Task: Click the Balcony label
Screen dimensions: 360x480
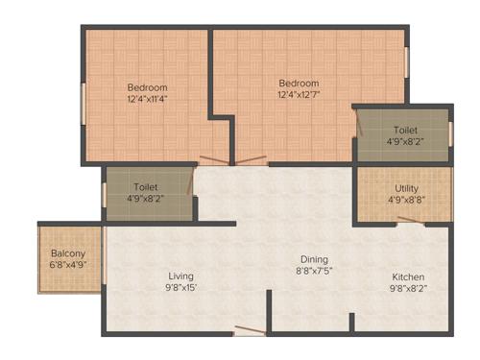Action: [x=68, y=253]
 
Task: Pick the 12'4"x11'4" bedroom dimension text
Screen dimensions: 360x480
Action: [x=146, y=99]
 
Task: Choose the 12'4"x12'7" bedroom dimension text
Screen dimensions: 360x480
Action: [x=299, y=93]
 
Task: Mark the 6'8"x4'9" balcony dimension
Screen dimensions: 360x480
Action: [x=68, y=266]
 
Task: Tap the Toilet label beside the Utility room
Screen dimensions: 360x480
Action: [x=404, y=129]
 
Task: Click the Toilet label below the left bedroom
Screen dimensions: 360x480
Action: [x=146, y=187]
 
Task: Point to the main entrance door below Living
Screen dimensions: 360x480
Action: [x=249, y=331]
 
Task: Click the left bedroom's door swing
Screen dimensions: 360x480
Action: [x=212, y=159]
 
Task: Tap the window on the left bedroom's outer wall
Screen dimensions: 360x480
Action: [x=83, y=103]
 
